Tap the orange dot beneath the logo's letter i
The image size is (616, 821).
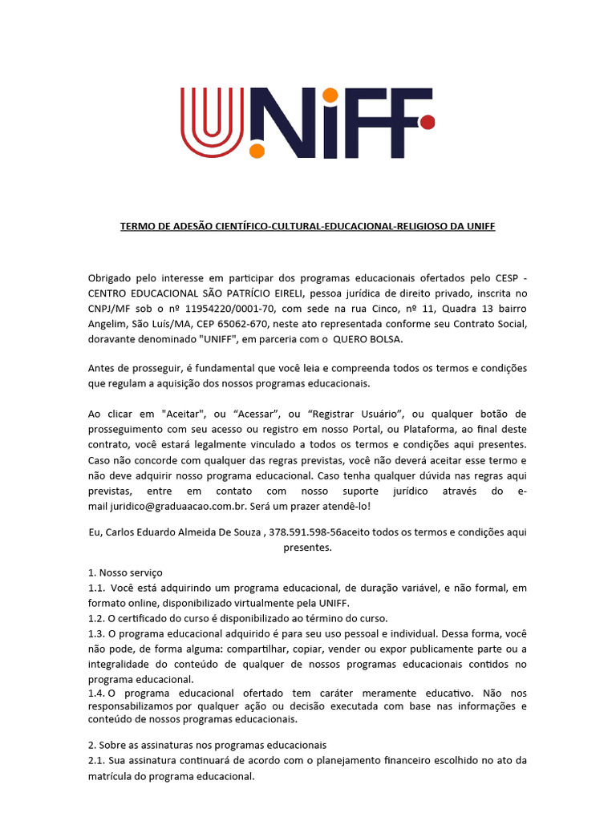(257, 151)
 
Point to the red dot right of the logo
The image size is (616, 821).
(428, 123)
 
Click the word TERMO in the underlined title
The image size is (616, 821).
(137, 227)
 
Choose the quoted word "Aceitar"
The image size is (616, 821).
(183, 414)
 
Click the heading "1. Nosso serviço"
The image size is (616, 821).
(125, 572)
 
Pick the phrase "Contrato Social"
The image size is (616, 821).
(489, 324)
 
